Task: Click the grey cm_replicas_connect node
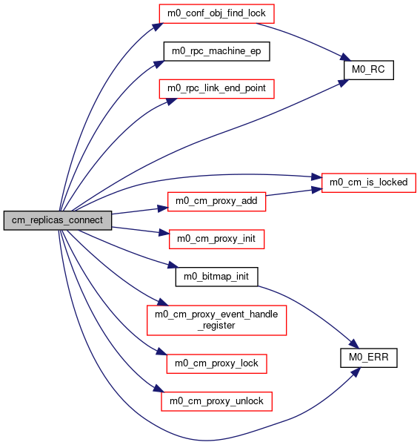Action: click(58, 220)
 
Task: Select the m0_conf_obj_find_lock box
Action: click(216, 13)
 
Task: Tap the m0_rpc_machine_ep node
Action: click(216, 51)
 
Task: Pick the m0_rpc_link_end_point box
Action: click(216, 89)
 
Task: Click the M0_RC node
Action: click(369, 70)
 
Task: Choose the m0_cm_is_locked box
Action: click(369, 182)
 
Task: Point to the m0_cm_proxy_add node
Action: click(216, 202)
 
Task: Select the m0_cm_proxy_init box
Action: click(216, 240)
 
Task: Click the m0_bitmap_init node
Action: click(216, 277)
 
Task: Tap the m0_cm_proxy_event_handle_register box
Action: click(216, 320)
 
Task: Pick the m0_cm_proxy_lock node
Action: click(216, 364)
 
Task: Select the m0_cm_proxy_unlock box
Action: click(216, 401)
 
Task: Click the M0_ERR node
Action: click(369, 358)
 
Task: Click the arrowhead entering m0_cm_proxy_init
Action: click(164, 233)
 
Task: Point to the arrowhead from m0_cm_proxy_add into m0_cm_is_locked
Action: click(317, 190)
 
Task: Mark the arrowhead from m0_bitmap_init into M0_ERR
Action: click(354, 343)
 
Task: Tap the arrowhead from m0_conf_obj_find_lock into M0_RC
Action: click(346, 57)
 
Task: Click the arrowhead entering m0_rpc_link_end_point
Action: click(171, 102)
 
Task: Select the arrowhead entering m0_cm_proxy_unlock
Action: click(159, 389)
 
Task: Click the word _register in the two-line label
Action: click(216, 326)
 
